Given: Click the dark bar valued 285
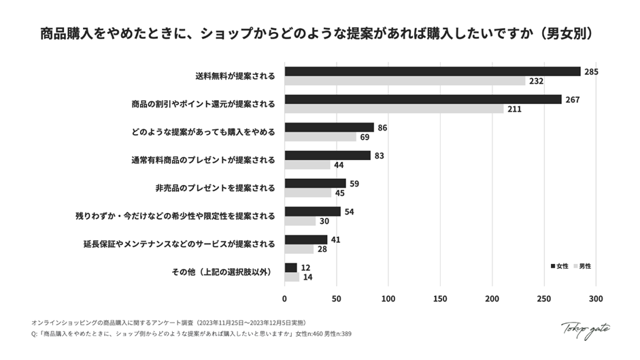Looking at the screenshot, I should pos(433,71).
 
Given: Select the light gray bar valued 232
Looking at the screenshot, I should pos(405,81).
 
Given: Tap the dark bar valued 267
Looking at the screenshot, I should pos(423,99).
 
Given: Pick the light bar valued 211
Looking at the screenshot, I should pos(394,109).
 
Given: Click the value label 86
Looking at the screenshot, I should pos(383,127).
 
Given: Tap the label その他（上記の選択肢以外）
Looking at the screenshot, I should pos(222,272).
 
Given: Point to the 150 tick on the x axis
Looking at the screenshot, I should pos(440,298).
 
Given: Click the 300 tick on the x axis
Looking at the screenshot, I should pos(596,298).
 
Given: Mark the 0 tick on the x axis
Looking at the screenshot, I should pos(285,298).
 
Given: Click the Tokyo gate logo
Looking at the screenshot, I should pos(585,329).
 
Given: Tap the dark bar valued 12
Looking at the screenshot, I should pos(291,267).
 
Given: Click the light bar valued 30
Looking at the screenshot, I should pos(300,220).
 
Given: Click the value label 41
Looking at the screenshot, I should pos(336,240).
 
